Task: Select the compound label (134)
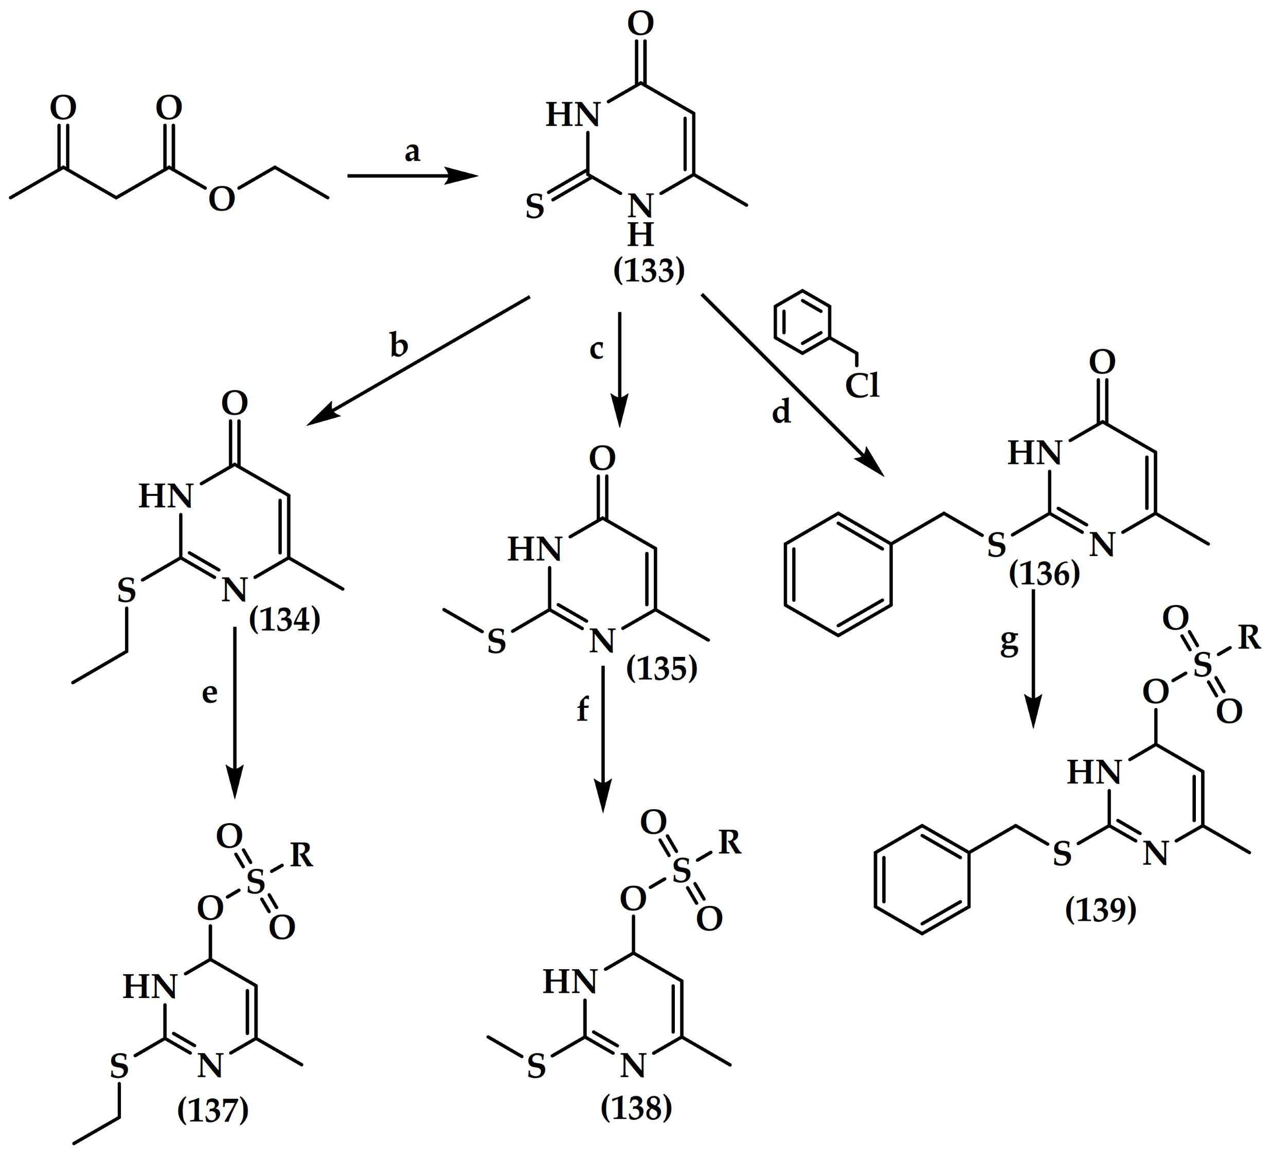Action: click(x=284, y=619)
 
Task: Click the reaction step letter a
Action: click(x=412, y=151)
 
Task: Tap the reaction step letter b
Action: click(x=399, y=345)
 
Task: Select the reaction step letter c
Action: click(x=596, y=348)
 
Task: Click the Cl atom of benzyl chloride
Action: click(x=863, y=385)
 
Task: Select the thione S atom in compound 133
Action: click(x=535, y=207)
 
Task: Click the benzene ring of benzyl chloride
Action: click(x=802, y=321)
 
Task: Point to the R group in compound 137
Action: click(x=301, y=856)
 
